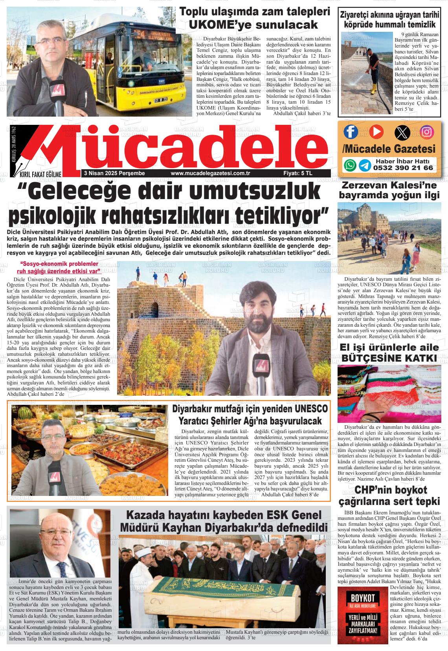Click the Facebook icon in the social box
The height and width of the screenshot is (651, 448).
351,132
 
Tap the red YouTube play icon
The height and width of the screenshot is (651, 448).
376,132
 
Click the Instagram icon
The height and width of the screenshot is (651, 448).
427,132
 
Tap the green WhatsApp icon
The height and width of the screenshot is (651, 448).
350,165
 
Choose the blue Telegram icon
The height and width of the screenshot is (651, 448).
365,165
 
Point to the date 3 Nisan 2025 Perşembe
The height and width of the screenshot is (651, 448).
114,173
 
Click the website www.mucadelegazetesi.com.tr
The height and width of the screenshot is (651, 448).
211,173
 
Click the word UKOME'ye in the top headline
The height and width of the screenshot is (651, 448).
220,25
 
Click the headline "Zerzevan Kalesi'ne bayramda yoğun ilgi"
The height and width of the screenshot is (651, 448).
389,190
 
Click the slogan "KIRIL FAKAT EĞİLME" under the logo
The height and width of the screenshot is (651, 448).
38,174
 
